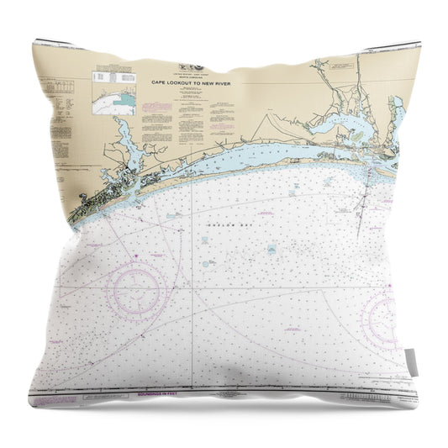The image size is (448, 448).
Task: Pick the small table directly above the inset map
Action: tap(113, 76)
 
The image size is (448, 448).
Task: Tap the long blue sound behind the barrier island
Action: tap(252, 153)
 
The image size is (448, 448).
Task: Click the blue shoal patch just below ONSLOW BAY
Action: tap(272, 250)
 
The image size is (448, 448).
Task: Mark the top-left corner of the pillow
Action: tap(36, 42)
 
